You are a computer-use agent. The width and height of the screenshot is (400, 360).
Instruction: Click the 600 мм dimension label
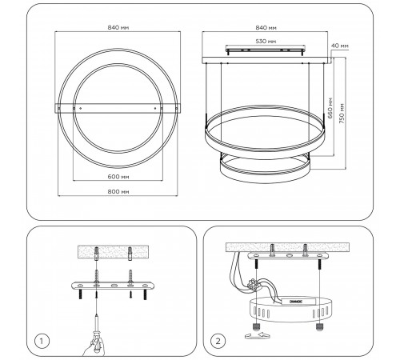(118, 177)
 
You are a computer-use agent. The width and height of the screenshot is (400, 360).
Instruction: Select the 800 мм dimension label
(118, 191)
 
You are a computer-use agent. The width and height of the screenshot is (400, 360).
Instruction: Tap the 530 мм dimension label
(266, 42)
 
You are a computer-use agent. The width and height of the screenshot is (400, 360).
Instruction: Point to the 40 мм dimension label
(340, 46)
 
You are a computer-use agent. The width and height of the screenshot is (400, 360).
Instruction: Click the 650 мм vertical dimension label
(330, 108)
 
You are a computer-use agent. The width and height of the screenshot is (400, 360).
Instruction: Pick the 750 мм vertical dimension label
(342, 114)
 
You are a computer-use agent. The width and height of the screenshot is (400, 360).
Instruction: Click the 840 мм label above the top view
(118, 27)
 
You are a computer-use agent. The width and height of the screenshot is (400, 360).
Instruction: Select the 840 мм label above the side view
(266, 27)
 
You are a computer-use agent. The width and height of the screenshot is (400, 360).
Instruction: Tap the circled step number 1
(42, 341)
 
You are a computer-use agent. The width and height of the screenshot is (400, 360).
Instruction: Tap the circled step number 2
(218, 341)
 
